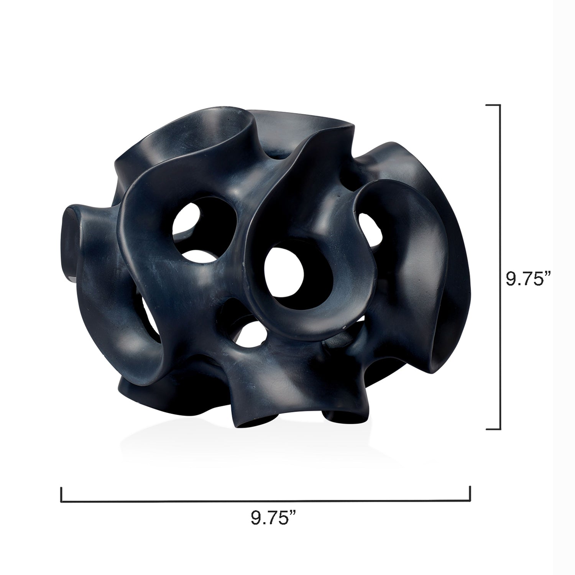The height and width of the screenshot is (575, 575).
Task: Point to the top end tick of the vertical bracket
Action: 493,105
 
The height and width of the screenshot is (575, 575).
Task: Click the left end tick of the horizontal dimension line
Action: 61,493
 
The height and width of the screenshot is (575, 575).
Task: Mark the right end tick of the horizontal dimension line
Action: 470,493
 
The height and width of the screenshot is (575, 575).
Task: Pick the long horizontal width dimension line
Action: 265,500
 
